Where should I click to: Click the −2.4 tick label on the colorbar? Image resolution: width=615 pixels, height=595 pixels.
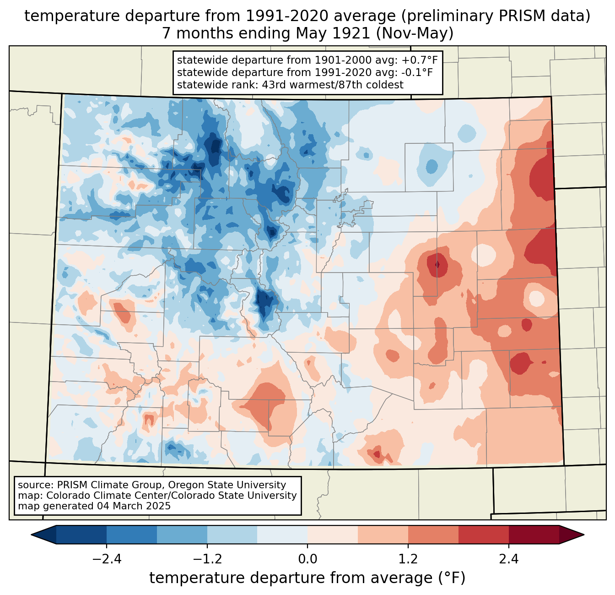coord(107,559)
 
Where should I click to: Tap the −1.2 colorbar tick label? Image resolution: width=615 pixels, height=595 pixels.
coord(207,559)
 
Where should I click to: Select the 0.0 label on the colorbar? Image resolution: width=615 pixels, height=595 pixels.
coord(307,559)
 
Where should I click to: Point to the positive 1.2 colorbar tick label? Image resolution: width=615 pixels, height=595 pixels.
coord(408,559)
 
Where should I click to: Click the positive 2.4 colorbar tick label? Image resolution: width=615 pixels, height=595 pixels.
coord(508,559)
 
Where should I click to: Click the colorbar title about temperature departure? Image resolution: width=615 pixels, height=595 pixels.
coord(307,578)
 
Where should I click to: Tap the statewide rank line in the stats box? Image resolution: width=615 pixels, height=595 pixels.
coord(290,85)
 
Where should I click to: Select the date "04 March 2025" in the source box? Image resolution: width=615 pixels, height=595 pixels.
coord(134,506)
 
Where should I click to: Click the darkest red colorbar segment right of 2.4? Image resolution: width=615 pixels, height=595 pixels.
coord(534,535)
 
